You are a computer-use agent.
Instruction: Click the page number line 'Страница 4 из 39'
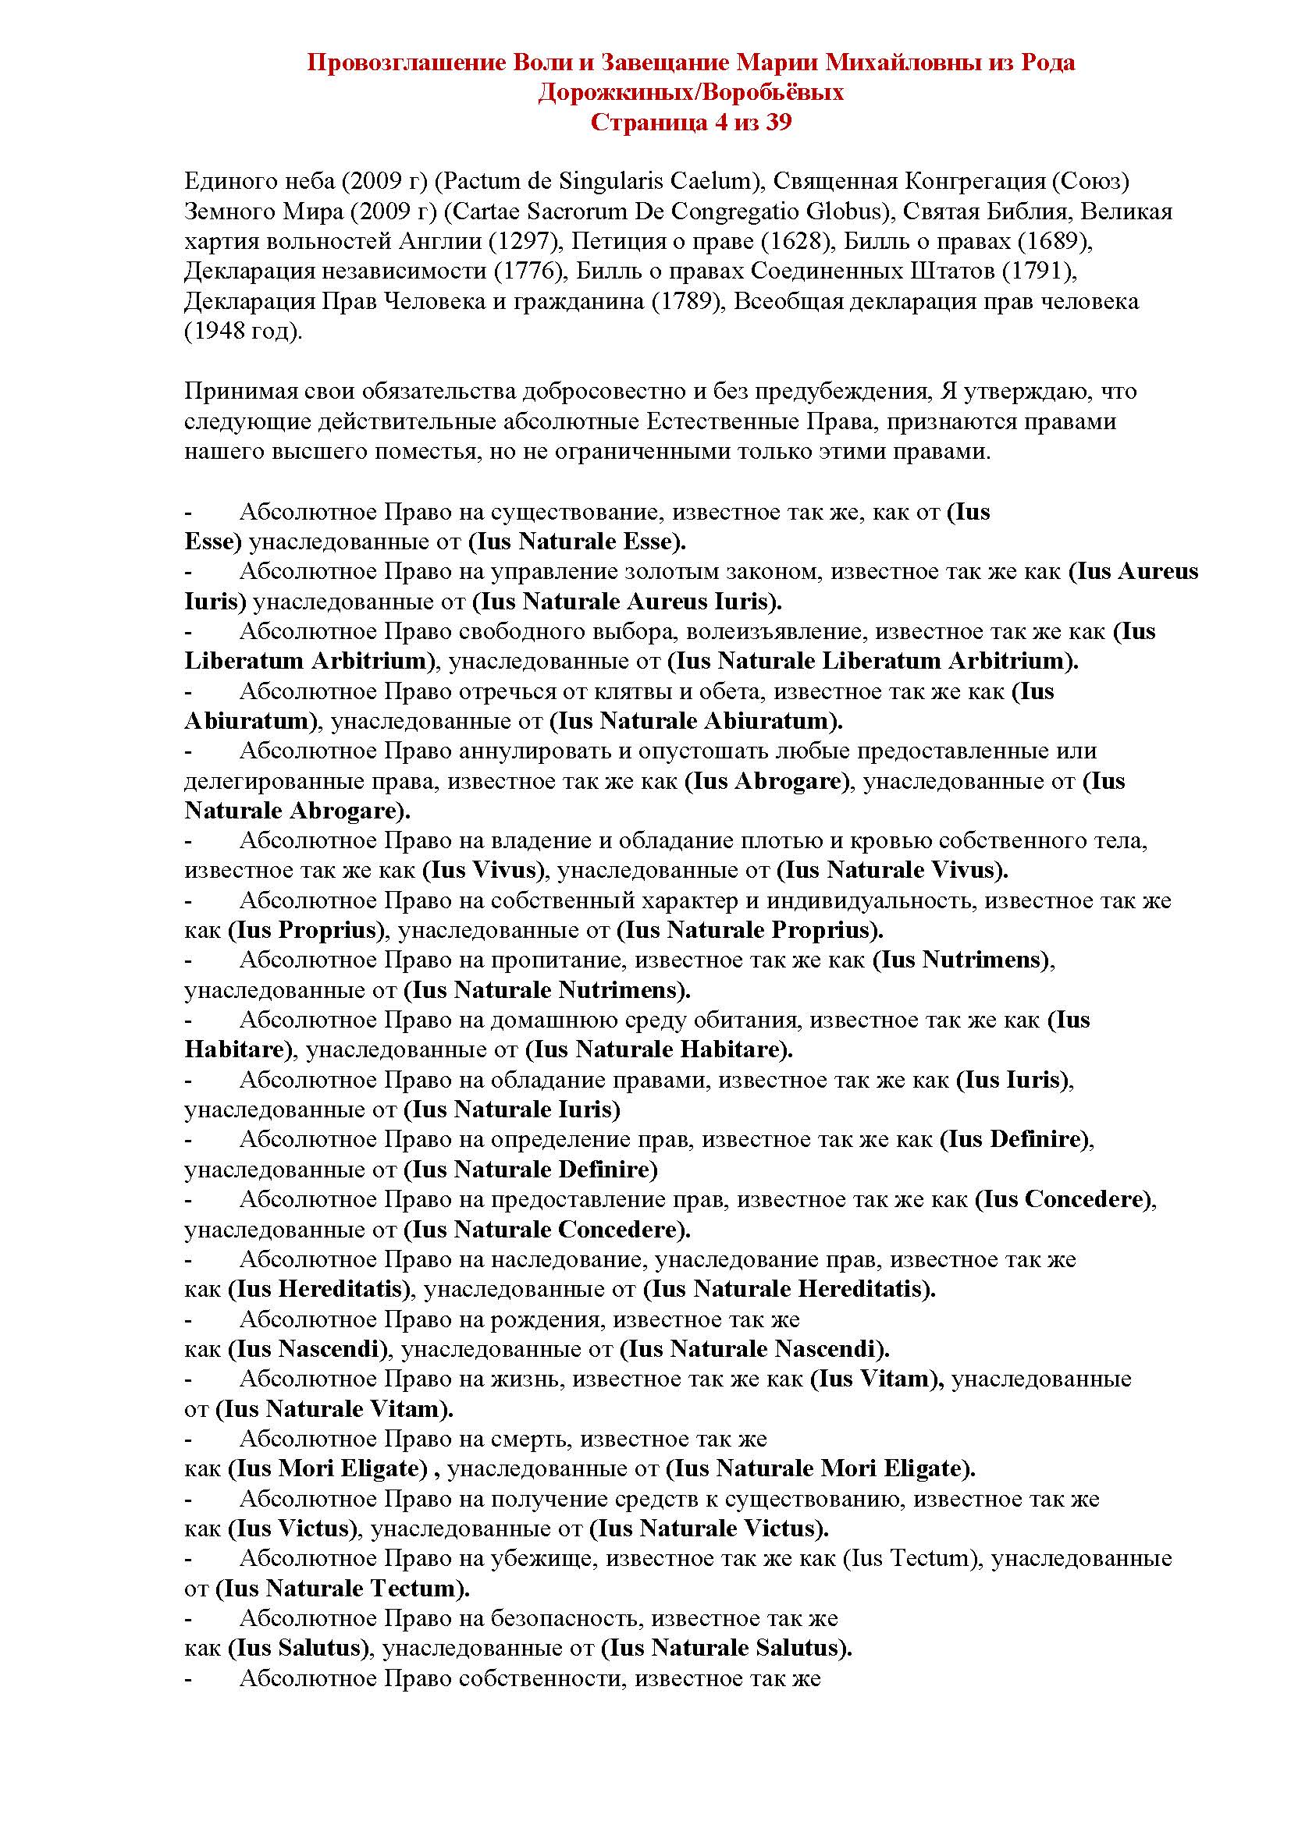coord(691,123)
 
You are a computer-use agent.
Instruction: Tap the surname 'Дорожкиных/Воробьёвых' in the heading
coord(691,93)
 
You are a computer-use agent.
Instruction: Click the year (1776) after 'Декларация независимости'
coord(528,271)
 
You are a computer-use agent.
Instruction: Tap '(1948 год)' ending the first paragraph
coord(244,332)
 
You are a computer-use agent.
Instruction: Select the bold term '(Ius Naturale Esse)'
coord(576,542)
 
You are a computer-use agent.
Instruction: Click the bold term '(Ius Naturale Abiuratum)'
coord(695,722)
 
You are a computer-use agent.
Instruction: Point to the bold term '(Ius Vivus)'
coord(483,871)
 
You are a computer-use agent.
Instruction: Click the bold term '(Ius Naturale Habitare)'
coord(659,1050)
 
